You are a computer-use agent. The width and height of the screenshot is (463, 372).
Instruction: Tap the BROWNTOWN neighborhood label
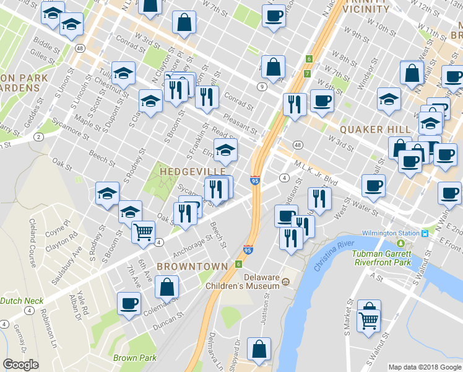click(183, 266)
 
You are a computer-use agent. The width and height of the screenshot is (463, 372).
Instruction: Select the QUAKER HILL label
click(374, 129)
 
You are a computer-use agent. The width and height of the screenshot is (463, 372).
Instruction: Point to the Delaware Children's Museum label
click(262, 281)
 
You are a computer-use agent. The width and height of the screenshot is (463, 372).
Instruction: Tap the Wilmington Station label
click(393, 233)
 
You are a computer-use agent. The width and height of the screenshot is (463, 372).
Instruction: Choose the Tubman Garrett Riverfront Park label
click(382, 258)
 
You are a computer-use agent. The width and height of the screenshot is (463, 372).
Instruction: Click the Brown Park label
click(134, 358)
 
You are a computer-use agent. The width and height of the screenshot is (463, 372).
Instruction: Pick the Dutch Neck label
click(22, 301)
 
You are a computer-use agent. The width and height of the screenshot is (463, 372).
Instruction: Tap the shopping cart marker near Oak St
click(143, 232)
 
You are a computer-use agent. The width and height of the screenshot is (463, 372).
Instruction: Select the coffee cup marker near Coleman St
click(129, 304)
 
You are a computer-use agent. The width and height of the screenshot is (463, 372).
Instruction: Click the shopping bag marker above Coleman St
click(167, 287)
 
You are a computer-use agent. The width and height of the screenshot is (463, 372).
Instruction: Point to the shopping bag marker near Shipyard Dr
click(259, 349)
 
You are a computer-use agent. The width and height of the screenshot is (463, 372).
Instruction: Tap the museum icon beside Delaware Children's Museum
click(285, 282)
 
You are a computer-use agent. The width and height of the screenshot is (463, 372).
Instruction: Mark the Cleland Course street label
click(32, 239)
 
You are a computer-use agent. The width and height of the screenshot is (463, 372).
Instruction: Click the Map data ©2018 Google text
click(424, 367)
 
